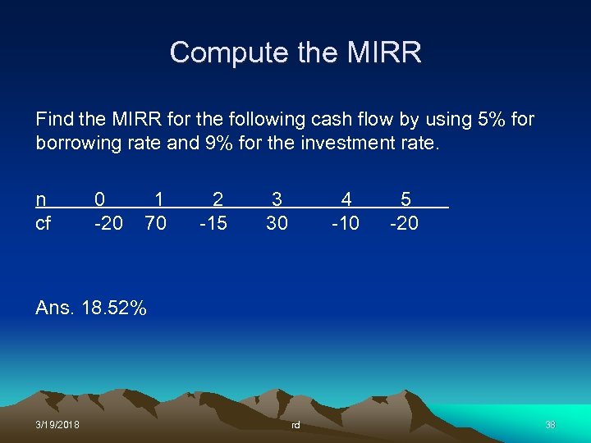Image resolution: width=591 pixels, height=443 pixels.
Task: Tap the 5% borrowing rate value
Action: click(x=492, y=120)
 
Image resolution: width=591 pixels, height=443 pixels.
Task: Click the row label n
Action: click(x=41, y=199)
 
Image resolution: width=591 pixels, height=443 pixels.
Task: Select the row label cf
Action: click(x=43, y=222)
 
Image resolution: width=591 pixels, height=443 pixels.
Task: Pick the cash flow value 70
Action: click(x=155, y=222)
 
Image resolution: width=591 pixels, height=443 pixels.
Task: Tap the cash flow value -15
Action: click(x=213, y=222)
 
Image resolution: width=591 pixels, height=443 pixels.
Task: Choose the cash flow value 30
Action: click(x=277, y=222)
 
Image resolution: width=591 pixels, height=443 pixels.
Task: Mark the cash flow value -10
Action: click(x=345, y=222)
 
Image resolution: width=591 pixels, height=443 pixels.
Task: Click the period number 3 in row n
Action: click(x=277, y=199)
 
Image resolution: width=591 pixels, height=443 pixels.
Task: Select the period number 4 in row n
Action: click(x=346, y=199)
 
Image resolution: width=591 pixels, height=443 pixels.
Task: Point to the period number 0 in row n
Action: click(x=99, y=199)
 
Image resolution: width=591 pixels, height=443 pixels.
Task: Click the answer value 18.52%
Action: click(x=114, y=308)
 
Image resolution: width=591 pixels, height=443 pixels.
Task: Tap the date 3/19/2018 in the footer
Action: click(x=57, y=424)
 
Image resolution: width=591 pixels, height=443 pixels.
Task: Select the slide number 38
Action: click(x=550, y=424)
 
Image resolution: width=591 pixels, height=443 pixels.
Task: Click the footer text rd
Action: click(x=295, y=425)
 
